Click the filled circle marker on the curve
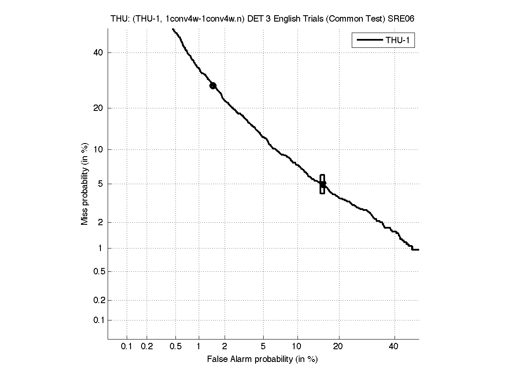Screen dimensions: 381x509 [213, 86]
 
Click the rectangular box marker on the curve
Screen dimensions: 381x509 [322, 184]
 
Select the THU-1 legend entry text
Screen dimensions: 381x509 [400, 41]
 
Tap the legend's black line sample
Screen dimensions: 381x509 [369, 41]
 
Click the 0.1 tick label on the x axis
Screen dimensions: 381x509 [127, 347]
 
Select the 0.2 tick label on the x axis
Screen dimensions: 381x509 [147, 347]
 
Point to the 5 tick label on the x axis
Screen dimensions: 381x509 [263, 347]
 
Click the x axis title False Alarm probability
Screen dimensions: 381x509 [262, 359]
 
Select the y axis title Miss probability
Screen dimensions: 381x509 [85, 184]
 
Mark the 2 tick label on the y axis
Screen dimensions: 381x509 [101, 222]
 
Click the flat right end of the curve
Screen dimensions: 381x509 [415, 250]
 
